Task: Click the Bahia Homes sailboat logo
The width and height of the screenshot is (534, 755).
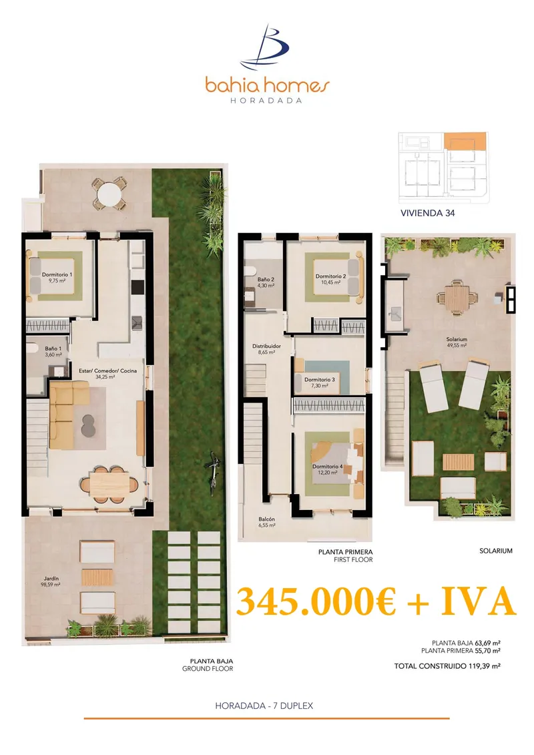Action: [x=266, y=47]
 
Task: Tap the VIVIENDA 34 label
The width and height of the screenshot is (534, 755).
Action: [x=428, y=213]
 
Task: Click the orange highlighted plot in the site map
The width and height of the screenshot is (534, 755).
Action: [x=464, y=141]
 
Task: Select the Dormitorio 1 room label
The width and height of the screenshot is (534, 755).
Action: [x=57, y=277]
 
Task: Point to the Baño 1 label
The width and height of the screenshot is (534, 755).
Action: [x=53, y=351]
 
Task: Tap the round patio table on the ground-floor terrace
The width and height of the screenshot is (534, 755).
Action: [x=109, y=196]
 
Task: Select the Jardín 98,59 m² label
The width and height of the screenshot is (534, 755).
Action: [x=51, y=581]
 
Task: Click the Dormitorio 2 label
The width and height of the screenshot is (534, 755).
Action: [x=331, y=279]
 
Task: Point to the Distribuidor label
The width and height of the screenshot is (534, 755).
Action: [x=266, y=348]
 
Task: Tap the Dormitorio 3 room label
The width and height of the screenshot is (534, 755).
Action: [x=320, y=383]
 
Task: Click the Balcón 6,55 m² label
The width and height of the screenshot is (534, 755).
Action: [x=266, y=522]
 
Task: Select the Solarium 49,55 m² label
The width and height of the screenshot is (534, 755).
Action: [x=456, y=342]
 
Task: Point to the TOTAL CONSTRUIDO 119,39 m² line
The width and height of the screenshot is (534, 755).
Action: [x=447, y=666]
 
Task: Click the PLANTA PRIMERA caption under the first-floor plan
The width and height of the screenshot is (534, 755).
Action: [x=345, y=552]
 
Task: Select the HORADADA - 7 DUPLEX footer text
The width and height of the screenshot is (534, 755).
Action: [x=264, y=706]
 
